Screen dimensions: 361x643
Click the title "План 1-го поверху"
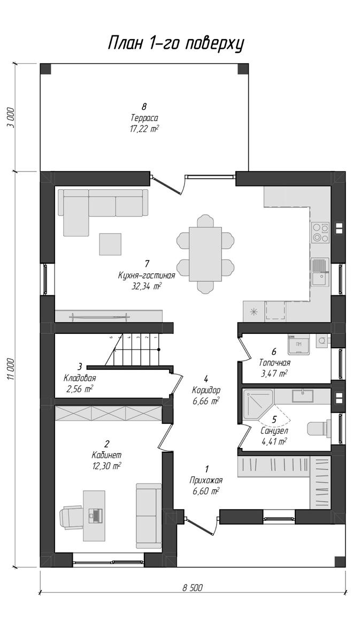[x=176, y=44]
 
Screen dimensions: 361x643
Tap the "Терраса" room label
[x=144, y=118]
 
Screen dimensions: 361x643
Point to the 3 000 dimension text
[x=11, y=118]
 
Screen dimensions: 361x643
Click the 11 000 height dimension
[x=11, y=369]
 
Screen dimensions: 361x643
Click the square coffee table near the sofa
[x=110, y=244]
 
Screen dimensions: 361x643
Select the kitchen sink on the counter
[x=320, y=272]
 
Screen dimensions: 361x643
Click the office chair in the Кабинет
[x=71, y=517]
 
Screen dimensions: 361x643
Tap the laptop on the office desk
[x=95, y=515]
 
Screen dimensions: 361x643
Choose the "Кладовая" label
[x=80, y=378]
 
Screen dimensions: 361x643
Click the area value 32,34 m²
[x=147, y=287]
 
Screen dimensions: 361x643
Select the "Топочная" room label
[x=275, y=363]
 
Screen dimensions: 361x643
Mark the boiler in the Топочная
[x=298, y=344]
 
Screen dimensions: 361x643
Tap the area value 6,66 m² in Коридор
[x=206, y=401]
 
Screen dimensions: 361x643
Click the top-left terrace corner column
[x=45, y=69]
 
